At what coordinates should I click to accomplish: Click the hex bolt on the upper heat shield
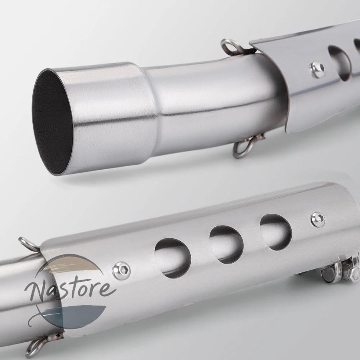click(x=317, y=69)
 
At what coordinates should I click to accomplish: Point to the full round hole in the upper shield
click(x=339, y=63)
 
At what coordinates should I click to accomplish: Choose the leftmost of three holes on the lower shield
click(x=173, y=258)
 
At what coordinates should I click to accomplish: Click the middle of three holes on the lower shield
click(x=226, y=244)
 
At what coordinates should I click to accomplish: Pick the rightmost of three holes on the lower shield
click(x=276, y=232)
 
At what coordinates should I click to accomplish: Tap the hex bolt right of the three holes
click(x=318, y=220)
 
